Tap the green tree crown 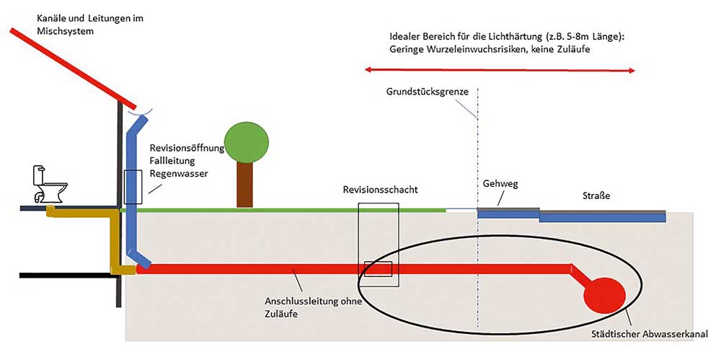(x=246, y=142)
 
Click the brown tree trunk (x=244, y=185)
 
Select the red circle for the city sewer (x=604, y=296)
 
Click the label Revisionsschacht (x=380, y=190)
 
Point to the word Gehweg (x=501, y=184)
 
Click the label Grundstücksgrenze (x=427, y=91)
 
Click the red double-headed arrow (x=500, y=71)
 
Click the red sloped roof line (x=73, y=68)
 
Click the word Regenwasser (x=176, y=173)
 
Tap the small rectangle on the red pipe (x=378, y=269)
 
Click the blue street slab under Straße (x=602, y=217)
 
